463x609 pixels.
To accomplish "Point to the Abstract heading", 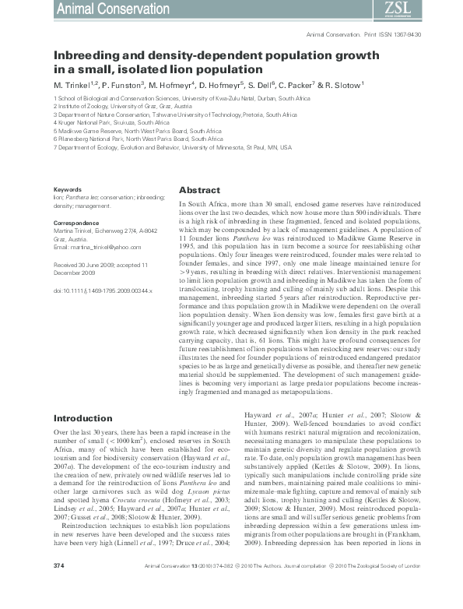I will coord(199,190).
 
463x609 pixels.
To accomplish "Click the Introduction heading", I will coord(83,418).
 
